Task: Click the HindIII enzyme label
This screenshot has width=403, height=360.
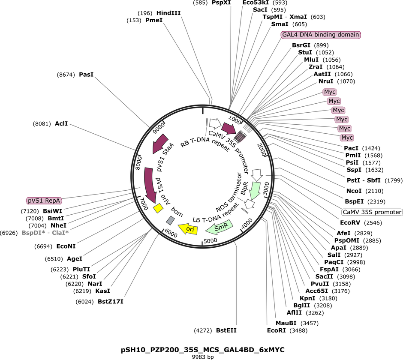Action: [x=168, y=13]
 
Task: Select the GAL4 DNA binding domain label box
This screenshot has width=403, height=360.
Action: [x=321, y=35]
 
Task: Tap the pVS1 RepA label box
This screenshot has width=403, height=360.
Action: [x=44, y=201]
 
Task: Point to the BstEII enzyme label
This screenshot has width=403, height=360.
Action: [x=226, y=330]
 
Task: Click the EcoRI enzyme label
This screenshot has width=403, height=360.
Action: [x=276, y=330]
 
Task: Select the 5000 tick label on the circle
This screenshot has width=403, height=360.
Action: [x=210, y=241]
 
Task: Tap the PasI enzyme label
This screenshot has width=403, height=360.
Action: [x=86, y=75]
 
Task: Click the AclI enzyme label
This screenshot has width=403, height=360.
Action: [x=61, y=123]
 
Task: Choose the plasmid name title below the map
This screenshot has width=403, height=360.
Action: [x=202, y=350]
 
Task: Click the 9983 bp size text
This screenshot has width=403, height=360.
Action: [x=203, y=357]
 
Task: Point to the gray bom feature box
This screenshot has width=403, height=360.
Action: [x=170, y=220]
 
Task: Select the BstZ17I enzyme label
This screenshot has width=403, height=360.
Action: [x=111, y=301]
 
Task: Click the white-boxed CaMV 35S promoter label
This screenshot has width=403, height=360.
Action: [x=372, y=212]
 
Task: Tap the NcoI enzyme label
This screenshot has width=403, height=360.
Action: [x=354, y=191]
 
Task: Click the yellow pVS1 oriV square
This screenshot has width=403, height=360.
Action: [x=158, y=208]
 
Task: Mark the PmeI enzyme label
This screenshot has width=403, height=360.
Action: [x=154, y=20]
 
